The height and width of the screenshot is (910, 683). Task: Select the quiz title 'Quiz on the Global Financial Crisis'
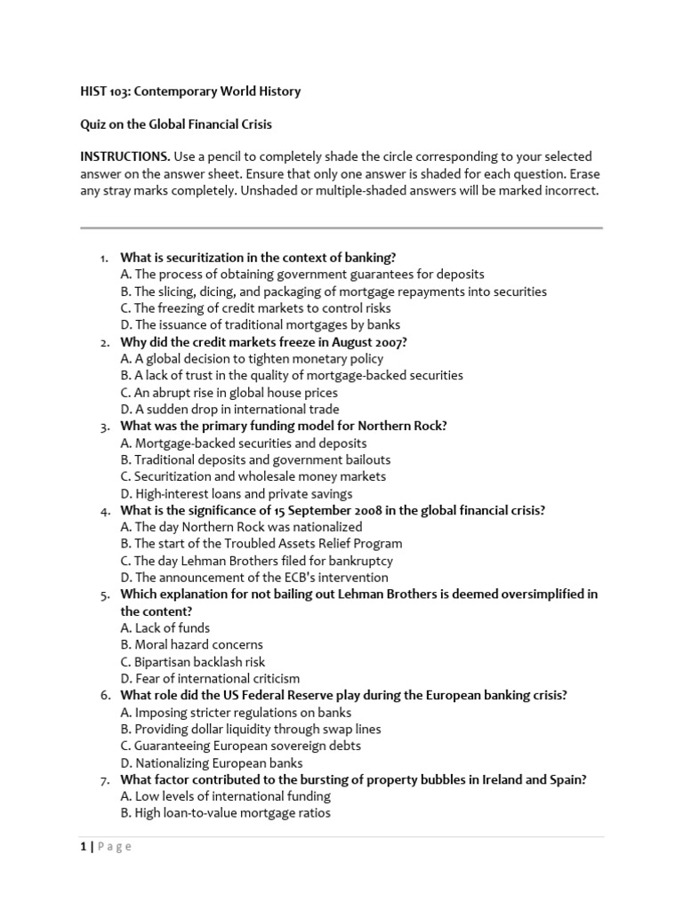point(183,124)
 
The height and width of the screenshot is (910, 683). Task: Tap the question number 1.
point(103,258)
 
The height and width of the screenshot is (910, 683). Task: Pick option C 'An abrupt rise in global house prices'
point(229,393)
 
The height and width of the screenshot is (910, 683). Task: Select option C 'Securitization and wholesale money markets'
point(253,476)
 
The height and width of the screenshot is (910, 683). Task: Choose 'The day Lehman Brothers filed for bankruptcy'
point(257,561)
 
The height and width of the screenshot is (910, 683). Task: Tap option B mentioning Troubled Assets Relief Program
point(261,544)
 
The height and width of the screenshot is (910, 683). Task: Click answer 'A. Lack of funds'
point(165,628)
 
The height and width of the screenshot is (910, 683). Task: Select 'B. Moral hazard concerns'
point(192,645)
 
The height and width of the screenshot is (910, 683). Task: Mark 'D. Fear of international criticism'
point(211,679)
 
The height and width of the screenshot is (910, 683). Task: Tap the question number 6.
point(103,696)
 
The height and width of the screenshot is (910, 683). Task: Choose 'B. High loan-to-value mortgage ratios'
point(226,813)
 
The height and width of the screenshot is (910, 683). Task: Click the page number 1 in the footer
point(83,847)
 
